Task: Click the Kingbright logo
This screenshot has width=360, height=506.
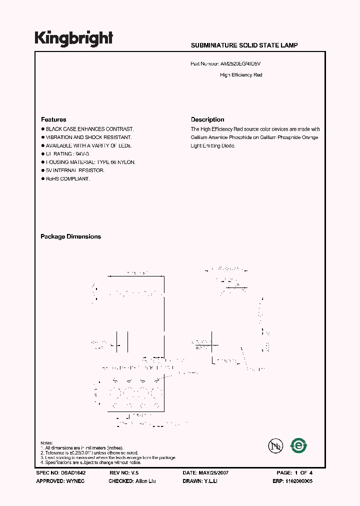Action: (73, 38)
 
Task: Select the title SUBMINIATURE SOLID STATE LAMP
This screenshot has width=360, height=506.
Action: (244, 45)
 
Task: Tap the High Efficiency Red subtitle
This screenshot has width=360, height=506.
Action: (241, 75)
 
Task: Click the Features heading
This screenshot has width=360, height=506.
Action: (53, 119)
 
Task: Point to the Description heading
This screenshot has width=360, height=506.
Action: (207, 119)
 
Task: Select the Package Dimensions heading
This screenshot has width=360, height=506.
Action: (70, 236)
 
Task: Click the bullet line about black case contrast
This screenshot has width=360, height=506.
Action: (89, 129)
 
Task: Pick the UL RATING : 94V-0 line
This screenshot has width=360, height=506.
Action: (68, 154)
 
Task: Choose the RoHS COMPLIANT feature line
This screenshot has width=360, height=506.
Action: (67, 179)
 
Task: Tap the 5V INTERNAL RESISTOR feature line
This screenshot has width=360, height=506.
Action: (75, 170)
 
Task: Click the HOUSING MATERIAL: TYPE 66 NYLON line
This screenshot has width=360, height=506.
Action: (90, 162)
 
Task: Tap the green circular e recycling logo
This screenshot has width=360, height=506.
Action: (299, 445)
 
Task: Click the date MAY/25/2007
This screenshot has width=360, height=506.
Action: (214, 472)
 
